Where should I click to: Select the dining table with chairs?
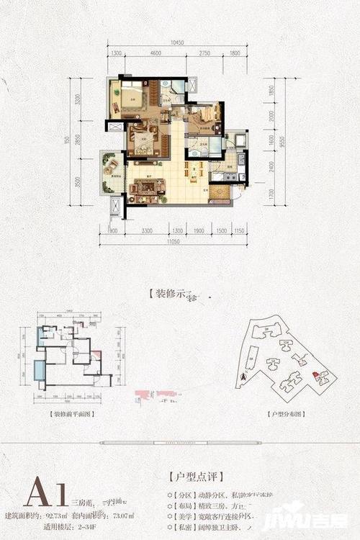point(189,173)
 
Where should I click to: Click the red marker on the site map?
point(315,374)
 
